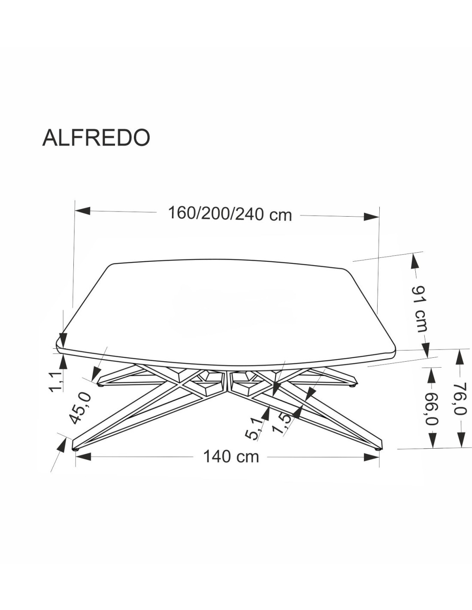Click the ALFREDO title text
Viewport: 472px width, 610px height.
click(x=96, y=138)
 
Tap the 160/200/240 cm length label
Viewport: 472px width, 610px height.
click(x=230, y=214)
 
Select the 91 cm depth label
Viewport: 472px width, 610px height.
click(x=420, y=309)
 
